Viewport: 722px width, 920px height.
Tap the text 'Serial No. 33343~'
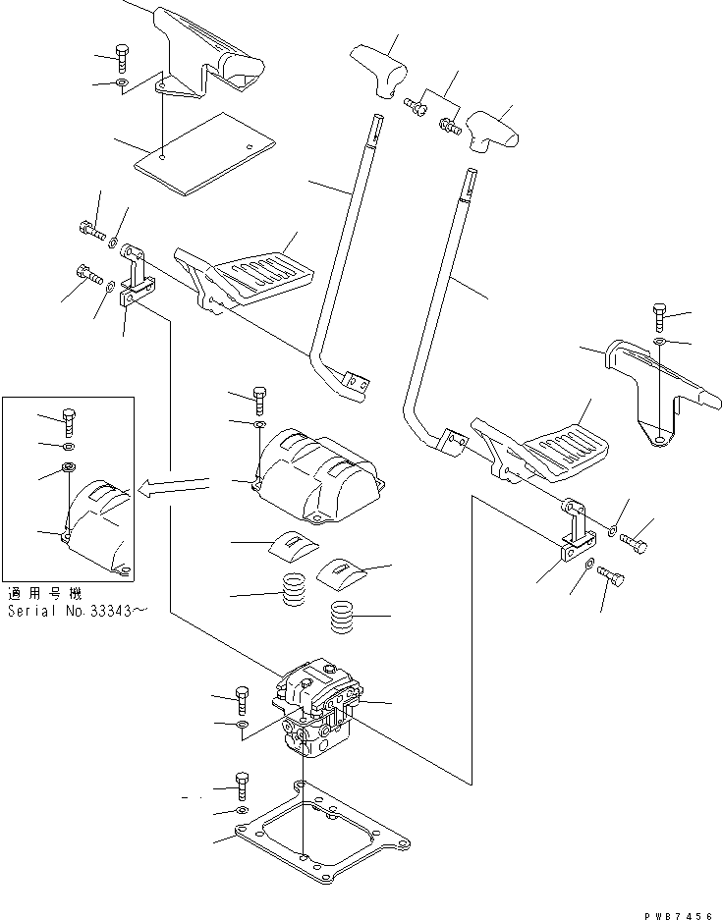click(78, 611)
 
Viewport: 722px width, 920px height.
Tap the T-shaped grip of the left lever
click(381, 71)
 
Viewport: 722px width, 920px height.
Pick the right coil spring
click(341, 617)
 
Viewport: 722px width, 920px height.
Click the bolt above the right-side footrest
click(659, 320)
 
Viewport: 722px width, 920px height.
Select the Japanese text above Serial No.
click(43, 594)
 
